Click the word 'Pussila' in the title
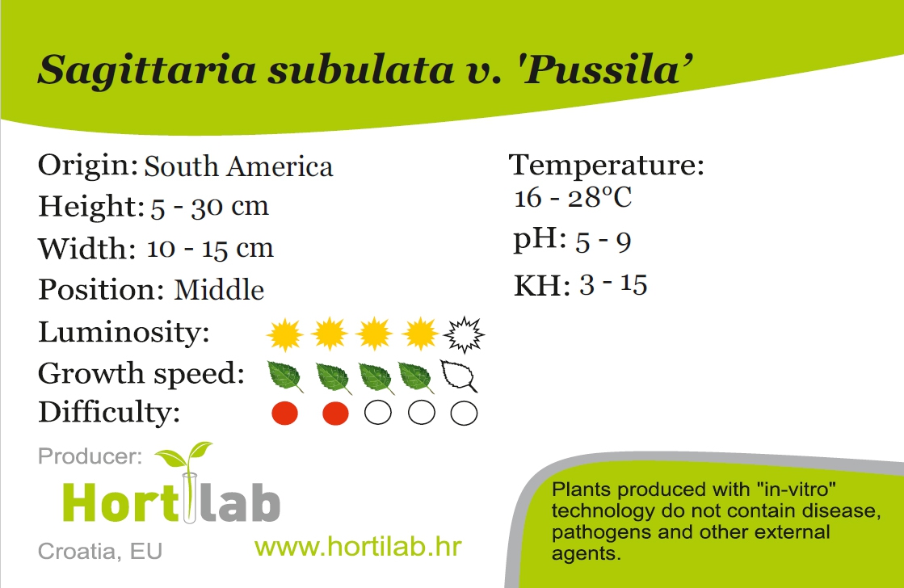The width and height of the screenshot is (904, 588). coord(607,70)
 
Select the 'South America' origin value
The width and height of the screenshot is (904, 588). coord(238,166)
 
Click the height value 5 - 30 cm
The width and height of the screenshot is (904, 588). coord(210,207)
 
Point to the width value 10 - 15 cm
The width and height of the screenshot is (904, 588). coord(210,249)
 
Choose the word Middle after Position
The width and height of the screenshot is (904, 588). coord(219,289)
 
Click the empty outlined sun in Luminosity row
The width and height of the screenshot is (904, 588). coord(464,334)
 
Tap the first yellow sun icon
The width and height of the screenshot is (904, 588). coord(285,334)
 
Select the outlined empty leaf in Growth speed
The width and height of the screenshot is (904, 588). coord(459,376)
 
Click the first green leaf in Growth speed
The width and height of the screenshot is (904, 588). coord(285,376)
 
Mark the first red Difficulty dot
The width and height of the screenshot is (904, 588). coord(285,414)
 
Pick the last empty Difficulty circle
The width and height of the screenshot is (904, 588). coord(464,414)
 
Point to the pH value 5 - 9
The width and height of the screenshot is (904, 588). coord(603,241)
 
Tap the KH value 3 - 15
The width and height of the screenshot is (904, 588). coord(613,285)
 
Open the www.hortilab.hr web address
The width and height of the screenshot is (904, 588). coord(358,547)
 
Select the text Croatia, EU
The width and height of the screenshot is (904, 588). coord(100,552)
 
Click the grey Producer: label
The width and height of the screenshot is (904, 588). coord(90,456)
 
